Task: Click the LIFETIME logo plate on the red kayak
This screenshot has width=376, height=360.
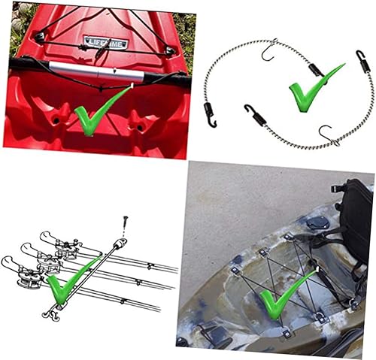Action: pos(105,43)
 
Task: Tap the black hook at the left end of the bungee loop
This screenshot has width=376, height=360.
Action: pos(209,113)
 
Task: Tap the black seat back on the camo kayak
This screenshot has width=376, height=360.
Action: pos(354,210)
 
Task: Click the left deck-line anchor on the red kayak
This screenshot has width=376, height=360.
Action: pos(40,35)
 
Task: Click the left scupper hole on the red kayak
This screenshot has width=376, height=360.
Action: pos(56,118)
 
